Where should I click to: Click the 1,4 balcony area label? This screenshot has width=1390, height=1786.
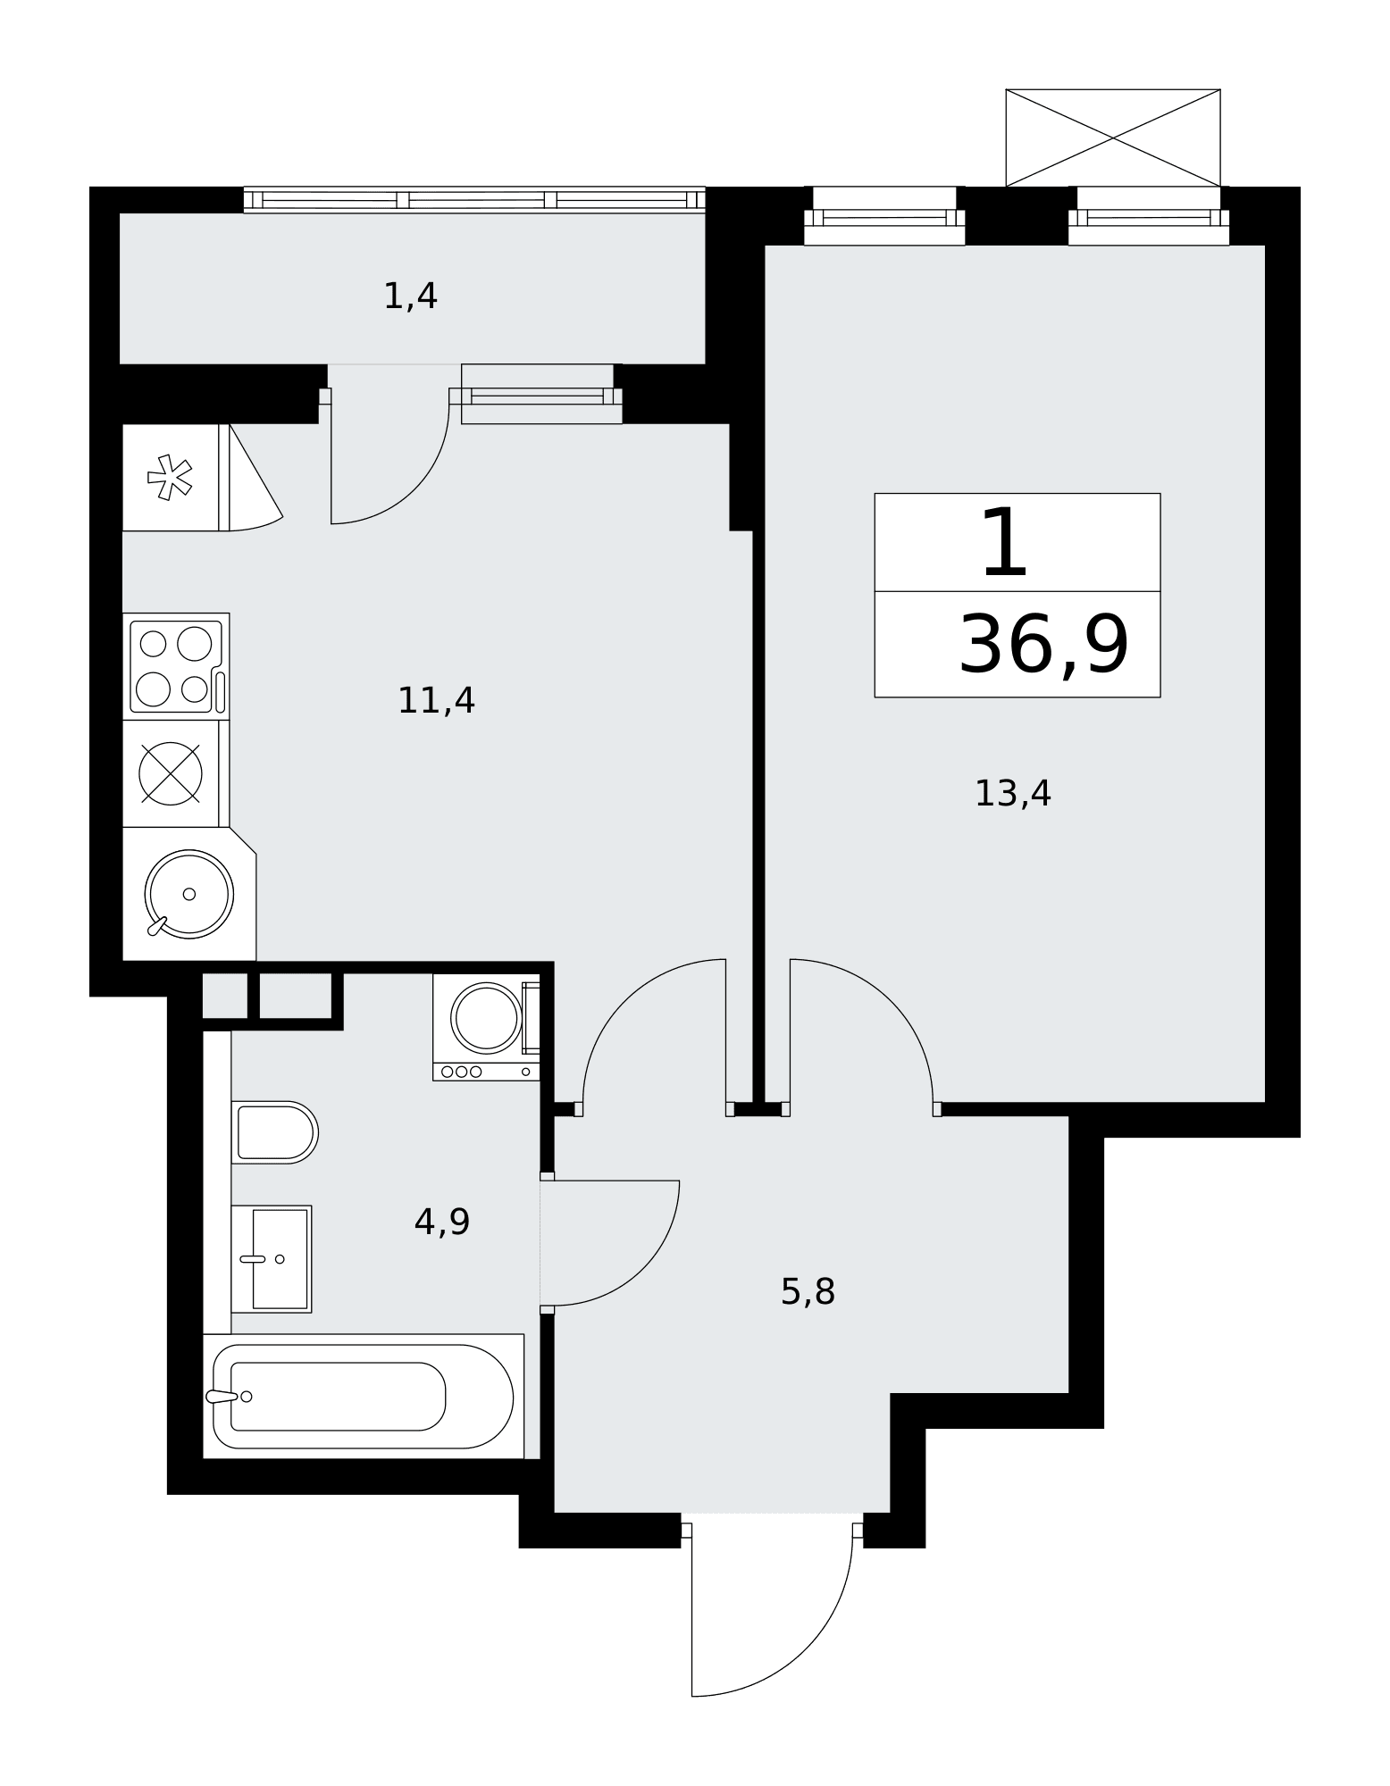coord(410,296)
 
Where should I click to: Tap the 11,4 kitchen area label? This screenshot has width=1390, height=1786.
coord(436,701)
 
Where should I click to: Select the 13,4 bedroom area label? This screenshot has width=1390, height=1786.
coord(1012,794)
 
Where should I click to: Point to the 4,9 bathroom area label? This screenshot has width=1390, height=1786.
coord(442,1222)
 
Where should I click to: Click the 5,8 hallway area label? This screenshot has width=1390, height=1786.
coord(808,1292)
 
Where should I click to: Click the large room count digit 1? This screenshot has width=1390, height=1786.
coord(1005,543)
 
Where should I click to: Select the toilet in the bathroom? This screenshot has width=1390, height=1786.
coord(274,1132)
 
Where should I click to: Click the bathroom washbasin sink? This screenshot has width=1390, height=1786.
coord(271,1259)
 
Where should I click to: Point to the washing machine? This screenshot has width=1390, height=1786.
coord(487,1027)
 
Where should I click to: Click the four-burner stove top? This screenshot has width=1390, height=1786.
coord(176,666)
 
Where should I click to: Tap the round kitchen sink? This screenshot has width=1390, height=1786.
coord(189,894)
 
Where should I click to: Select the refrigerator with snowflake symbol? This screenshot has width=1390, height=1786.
coord(171,478)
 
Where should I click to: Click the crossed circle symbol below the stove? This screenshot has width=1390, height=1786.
coord(171,773)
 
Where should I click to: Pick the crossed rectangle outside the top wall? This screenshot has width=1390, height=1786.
coord(1113,138)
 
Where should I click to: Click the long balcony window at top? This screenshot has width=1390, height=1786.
coord(474,200)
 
